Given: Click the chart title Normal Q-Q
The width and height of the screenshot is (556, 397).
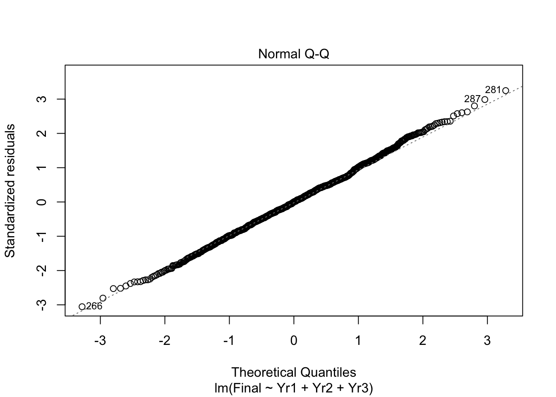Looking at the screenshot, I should coord(293,54).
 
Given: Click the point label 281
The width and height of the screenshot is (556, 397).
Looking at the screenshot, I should coord(493,89).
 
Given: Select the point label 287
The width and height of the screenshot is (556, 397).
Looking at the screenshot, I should coord(472,99).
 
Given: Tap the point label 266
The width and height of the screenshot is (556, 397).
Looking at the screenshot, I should coord(94,306).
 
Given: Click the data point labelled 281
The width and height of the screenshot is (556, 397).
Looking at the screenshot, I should coord(506,90).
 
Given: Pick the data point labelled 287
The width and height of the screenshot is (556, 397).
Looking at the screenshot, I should coord(485,99).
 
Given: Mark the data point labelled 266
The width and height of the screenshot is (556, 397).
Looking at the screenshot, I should coord(82,306).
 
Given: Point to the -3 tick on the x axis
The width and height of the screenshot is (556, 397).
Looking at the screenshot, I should coord(100,341).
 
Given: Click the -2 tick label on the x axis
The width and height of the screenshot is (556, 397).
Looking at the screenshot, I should coord(165,341).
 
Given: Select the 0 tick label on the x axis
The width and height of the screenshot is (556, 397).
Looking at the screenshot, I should coord(294,341).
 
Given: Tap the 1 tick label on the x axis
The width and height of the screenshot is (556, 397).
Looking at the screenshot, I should coord(358,341).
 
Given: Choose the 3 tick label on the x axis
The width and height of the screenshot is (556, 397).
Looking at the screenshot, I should coord(487,341).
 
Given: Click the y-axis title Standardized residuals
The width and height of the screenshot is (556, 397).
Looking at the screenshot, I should coord(10,190).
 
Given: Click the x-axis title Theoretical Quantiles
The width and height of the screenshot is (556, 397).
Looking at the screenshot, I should coord(294,372).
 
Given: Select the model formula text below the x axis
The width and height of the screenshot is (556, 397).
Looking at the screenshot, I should coord(294,388).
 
